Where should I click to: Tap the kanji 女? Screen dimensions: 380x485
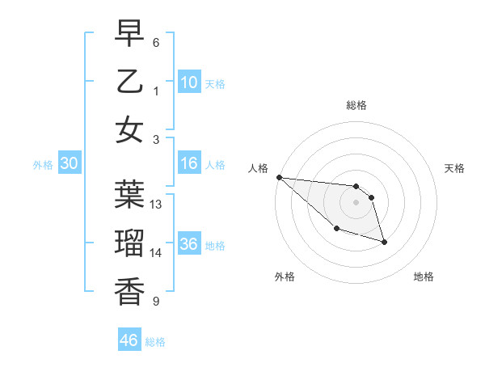coord(129,129)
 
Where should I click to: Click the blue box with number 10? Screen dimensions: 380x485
coord(189,82)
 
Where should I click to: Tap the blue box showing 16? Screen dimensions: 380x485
coord(189,164)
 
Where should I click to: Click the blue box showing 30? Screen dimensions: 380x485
coord(70,164)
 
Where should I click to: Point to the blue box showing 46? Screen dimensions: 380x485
coord(129,340)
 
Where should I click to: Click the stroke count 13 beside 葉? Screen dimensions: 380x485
coord(157,205)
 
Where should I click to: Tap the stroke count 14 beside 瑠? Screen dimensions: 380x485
coord(157,253)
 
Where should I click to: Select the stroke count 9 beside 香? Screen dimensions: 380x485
coord(156,302)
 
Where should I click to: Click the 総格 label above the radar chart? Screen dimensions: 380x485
coord(356,105)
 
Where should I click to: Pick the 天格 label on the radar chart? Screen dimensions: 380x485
coord(455,168)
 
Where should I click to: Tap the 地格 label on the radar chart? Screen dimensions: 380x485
coord(424,277)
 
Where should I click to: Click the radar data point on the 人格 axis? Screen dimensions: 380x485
coord(279,177)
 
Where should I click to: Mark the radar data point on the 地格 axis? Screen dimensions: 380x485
coord(384,241)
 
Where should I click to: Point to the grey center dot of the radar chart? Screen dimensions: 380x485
coord(356,202)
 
